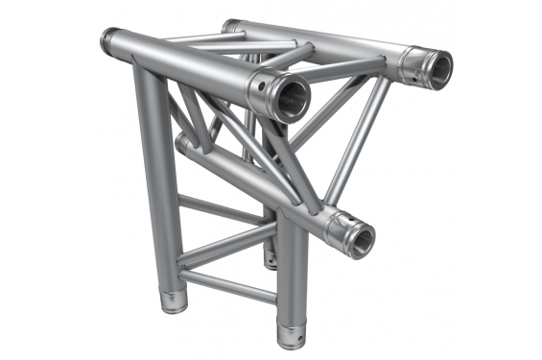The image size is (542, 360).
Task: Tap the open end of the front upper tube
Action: pyautogui.click(x=288, y=98)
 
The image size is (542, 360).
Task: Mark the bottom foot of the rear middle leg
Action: pyautogui.click(x=271, y=257)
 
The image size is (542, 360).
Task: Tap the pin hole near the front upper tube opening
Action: pyautogui.click(x=259, y=87)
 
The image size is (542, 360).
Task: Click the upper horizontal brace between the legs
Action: pyautogui.click(x=223, y=209)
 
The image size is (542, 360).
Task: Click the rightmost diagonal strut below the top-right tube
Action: pyautogui.click(x=360, y=144)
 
